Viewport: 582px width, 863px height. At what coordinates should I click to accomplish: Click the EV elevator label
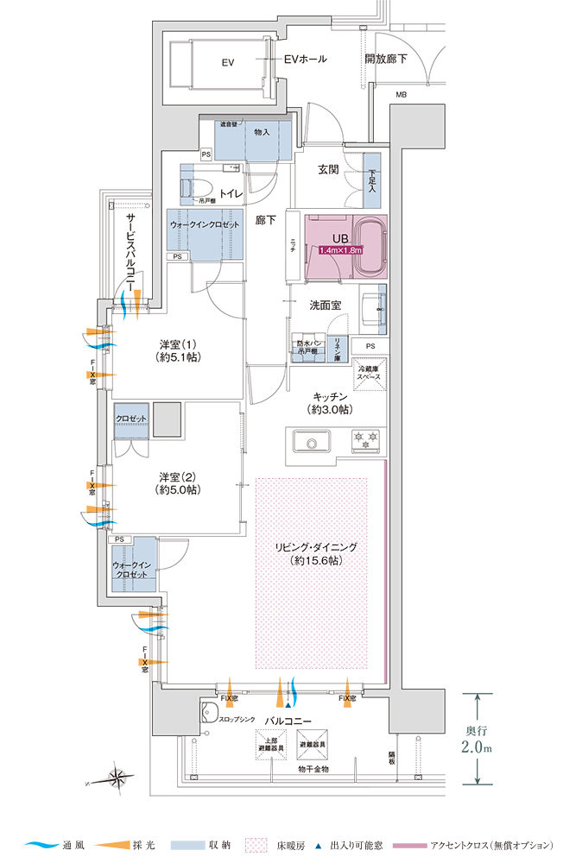coord(228,62)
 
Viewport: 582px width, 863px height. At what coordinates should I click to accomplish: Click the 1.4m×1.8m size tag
coord(340,250)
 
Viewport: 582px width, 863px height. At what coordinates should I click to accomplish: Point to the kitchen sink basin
coord(307,442)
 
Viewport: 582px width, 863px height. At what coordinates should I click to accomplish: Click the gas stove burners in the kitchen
coord(365,441)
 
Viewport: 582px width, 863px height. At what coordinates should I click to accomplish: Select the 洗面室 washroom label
coord(326,306)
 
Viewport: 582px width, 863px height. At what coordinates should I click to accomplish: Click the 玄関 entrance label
coord(327,169)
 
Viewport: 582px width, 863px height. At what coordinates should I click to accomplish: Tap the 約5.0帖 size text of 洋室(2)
coord(178,490)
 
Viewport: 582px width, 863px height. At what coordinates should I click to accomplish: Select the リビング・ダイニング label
coord(315,547)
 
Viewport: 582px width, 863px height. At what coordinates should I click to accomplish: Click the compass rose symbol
coord(117,776)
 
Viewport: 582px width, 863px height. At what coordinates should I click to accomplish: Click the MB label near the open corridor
coord(402,94)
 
